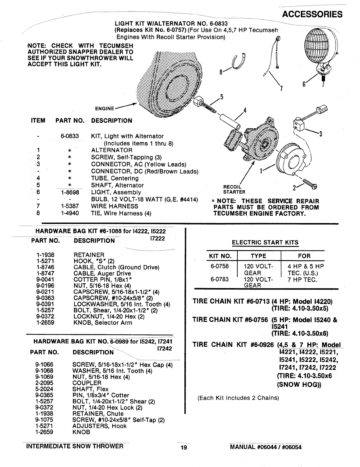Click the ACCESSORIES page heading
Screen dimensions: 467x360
(312, 14)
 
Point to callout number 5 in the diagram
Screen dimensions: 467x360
(222, 97)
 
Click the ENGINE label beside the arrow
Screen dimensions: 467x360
(104, 109)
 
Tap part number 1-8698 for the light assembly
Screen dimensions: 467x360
(70, 192)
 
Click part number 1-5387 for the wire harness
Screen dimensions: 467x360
(70, 206)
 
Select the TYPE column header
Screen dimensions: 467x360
(258, 256)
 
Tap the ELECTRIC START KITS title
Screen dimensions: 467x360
(265, 243)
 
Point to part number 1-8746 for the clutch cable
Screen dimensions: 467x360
(45, 267)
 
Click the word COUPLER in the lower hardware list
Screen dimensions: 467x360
(87, 383)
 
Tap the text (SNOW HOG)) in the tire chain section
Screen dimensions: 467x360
(299, 385)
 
